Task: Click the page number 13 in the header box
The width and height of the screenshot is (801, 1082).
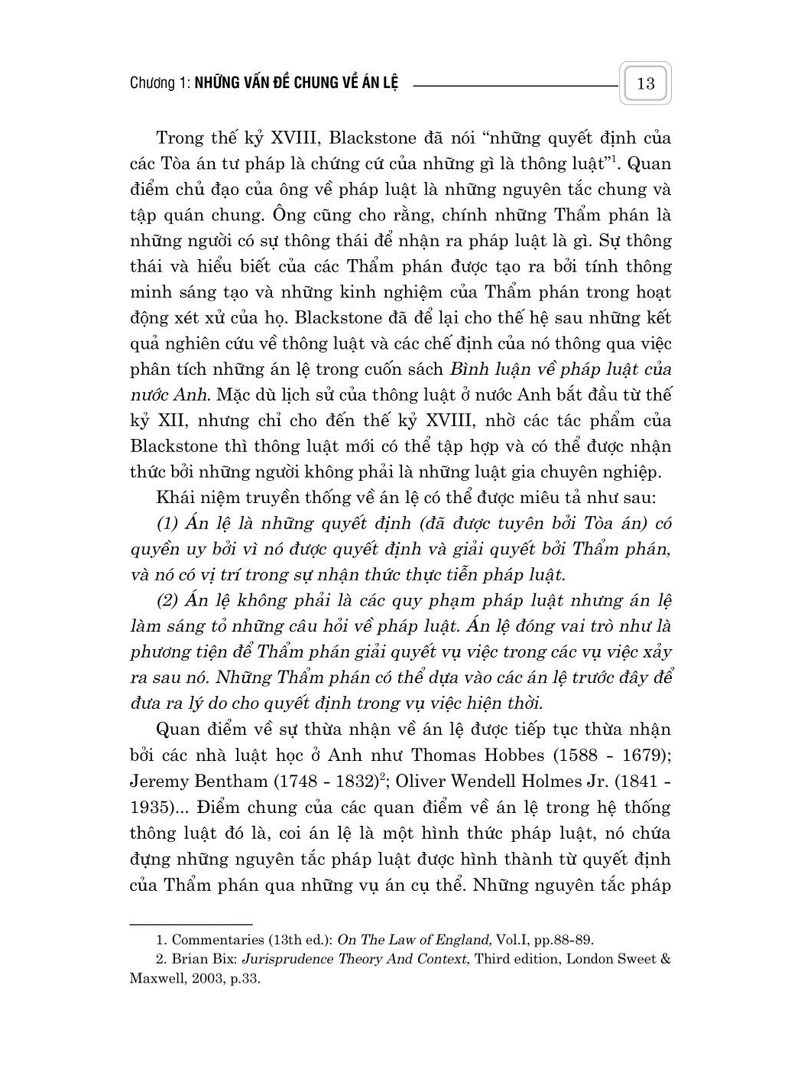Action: [645, 83]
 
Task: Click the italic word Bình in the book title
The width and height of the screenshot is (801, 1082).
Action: [467, 369]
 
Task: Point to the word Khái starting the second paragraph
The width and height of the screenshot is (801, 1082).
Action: [173, 498]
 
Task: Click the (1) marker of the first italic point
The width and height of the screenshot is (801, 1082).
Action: [168, 523]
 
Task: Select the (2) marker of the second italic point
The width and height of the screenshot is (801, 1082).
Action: [168, 601]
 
